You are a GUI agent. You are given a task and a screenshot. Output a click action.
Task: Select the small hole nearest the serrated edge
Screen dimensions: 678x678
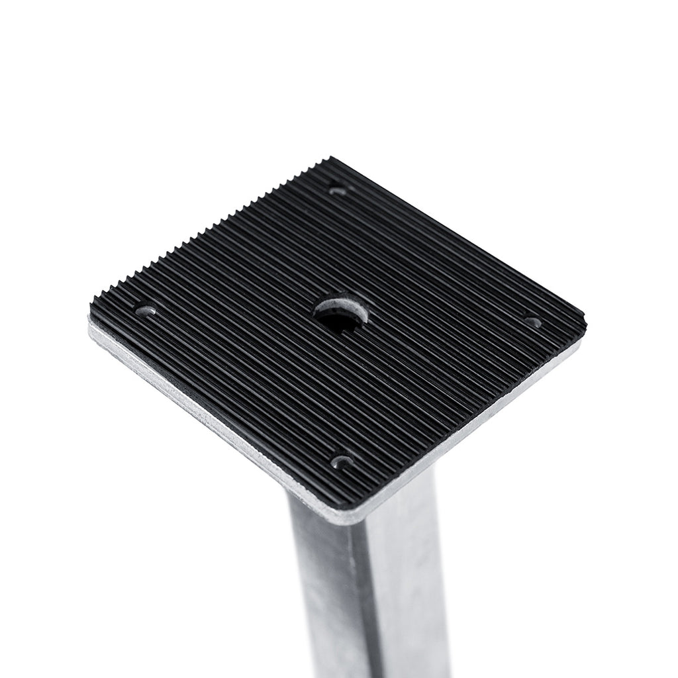[337, 190]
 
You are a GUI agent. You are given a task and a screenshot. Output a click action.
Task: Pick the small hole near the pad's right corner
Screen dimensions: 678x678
[533, 322]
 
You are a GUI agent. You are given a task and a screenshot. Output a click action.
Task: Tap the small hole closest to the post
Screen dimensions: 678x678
[341, 461]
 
